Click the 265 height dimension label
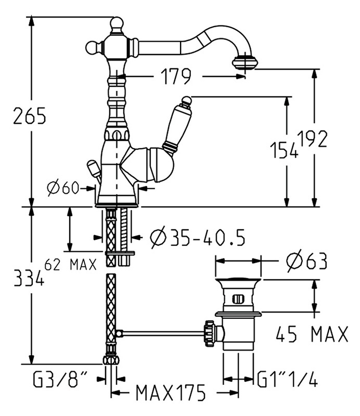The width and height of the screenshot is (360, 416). (x=30, y=115)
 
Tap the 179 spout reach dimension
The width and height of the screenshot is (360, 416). (x=176, y=76)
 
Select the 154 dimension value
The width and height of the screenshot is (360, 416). (x=284, y=150)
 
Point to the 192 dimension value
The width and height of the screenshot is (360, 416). (x=312, y=139)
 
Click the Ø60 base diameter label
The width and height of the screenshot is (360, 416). (x=63, y=188)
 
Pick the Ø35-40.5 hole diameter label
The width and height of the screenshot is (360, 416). (x=197, y=237)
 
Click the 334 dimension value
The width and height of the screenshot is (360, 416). (x=29, y=278)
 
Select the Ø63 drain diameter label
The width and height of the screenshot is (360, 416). (x=306, y=261)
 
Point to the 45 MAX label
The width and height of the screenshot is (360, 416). (x=312, y=334)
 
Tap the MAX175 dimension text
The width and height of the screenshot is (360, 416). (x=171, y=393)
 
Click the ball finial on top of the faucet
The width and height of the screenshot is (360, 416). (x=117, y=23)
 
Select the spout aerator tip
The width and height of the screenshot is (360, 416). (x=243, y=61)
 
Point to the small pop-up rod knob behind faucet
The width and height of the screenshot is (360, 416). (x=93, y=168)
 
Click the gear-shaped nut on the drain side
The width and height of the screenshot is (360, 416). (x=210, y=333)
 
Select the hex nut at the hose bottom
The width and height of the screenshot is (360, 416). (x=111, y=360)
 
